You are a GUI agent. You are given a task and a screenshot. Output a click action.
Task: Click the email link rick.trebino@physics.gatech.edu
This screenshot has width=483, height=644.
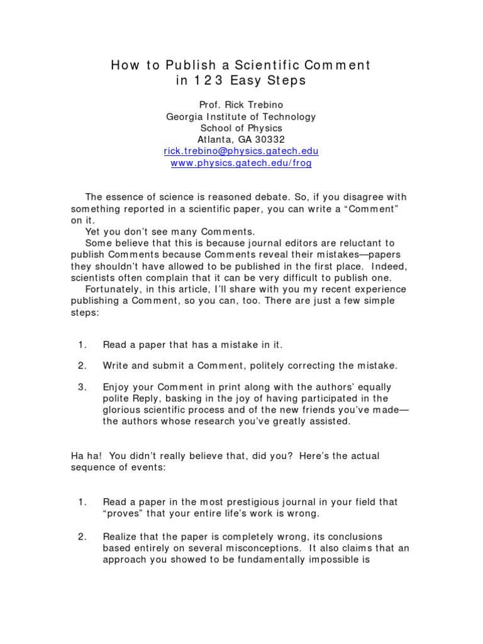(241, 151)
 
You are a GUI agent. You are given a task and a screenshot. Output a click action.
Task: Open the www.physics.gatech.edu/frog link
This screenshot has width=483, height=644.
(241, 163)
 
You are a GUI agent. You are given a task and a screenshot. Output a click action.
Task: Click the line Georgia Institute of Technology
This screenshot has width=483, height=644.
(241, 116)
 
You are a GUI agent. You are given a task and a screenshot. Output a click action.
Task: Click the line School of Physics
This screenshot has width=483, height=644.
(241, 128)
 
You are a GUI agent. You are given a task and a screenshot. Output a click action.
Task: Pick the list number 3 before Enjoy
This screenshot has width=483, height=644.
(81, 387)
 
